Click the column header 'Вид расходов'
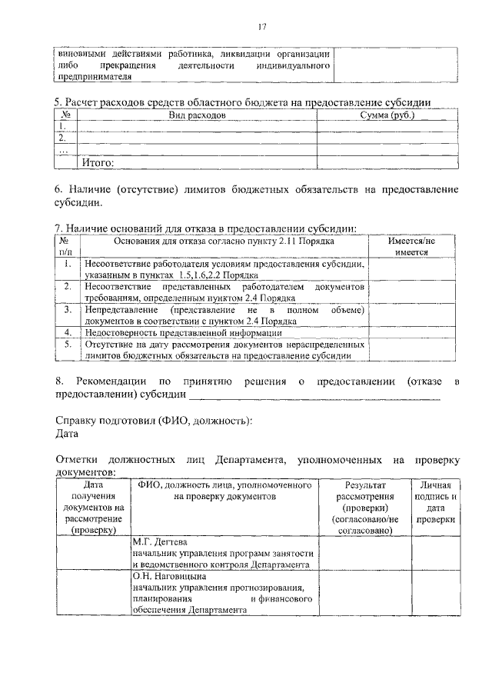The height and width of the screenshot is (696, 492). click(196, 115)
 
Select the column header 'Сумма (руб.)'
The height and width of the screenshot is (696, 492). click(387, 115)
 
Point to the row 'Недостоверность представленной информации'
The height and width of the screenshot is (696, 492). click(183, 333)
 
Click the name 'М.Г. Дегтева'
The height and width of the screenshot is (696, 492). click(161, 541)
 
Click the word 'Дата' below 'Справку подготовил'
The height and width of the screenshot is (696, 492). click(68, 433)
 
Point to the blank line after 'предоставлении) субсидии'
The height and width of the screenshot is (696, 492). click(315, 395)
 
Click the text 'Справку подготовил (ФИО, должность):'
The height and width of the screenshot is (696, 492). click(155, 419)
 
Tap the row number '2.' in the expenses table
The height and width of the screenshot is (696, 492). click(62, 138)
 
